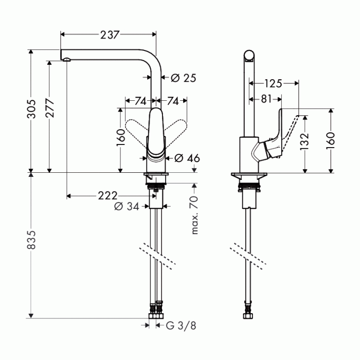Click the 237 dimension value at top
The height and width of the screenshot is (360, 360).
click(110, 34)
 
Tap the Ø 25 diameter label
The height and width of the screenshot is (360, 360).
click(183, 78)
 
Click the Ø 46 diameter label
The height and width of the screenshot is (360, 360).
click(187, 158)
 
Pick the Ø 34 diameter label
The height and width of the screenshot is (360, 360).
click(126, 207)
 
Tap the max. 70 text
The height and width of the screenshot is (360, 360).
click(194, 214)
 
